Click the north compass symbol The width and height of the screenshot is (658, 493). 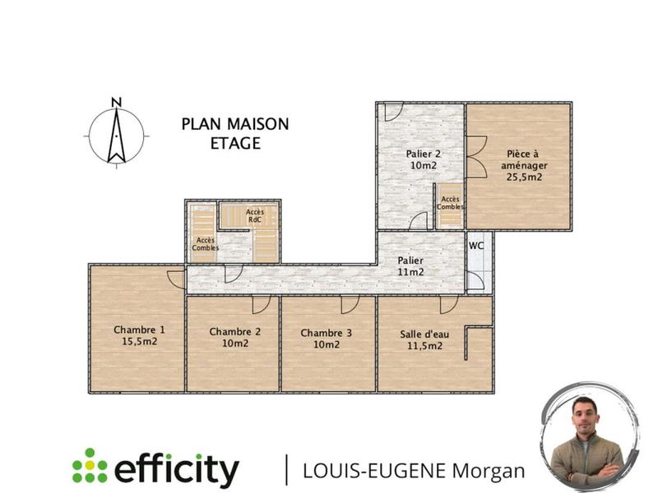[x=117, y=136]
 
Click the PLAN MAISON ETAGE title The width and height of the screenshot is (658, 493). [x=235, y=133]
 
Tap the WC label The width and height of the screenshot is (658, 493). [x=475, y=246]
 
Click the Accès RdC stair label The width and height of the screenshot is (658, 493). [x=255, y=215]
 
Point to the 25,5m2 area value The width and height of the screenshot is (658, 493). [x=524, y=177]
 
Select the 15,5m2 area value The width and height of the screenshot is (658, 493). [x=139, y=341]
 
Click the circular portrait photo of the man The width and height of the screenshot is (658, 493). [x=589, y=437]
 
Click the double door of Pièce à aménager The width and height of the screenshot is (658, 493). [x=475, y=155]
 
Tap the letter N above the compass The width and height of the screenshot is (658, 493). [x=117, y=103]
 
